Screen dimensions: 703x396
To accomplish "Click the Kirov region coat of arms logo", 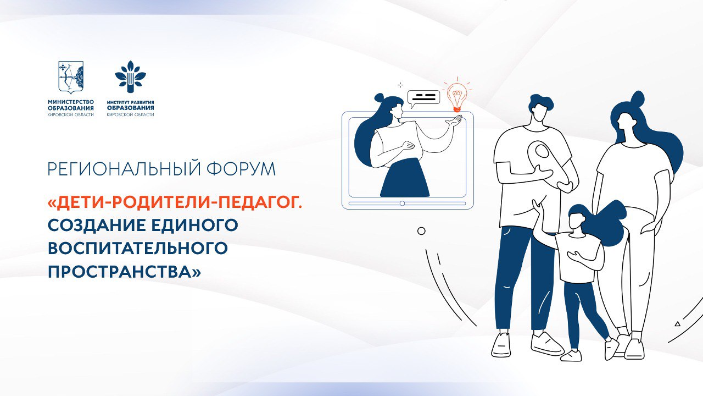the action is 71,78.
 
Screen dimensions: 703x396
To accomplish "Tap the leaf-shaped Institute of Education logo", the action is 130,76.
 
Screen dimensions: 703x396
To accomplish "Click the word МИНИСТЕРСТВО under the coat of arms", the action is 71,102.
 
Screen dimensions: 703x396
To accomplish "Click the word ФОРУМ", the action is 241,169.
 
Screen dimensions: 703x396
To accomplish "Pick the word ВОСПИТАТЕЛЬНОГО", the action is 138,248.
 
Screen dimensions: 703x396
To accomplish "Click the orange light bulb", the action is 457,96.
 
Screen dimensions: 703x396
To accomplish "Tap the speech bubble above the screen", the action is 423,98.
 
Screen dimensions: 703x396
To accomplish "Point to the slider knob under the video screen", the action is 402,204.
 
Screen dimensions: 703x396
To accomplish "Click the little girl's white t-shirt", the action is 579,257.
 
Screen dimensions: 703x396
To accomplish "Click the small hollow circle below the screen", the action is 421,231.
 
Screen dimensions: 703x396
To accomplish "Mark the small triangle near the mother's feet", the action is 678,324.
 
